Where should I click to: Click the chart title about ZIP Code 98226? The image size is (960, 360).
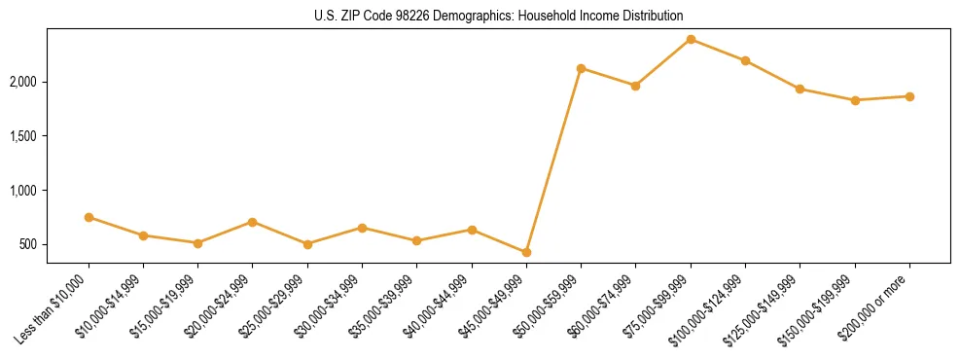[x=498, y=16]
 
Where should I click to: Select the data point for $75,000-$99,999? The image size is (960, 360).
[x=691, y=39]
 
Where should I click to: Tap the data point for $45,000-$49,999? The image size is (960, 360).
[x=526, y=252]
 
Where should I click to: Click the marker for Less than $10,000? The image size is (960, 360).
[x=89, y=217]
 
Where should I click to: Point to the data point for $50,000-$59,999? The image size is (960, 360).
[x=581, y=68]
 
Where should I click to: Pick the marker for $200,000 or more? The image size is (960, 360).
[x=909, y=96]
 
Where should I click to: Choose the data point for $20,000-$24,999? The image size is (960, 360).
[x=253, y=222]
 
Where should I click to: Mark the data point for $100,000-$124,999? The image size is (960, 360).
[x=745, y=60]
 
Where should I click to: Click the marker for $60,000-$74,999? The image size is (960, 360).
[x=635, y=86]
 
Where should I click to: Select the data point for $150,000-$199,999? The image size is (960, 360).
[x=855, y=100]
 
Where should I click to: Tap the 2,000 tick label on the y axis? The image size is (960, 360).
[x=23, y=82]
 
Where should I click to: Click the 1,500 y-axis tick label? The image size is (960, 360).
[x=23, y=136]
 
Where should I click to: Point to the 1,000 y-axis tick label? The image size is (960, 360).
[x=23, y=191]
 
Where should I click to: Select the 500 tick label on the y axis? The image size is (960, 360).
[x=28, y=244]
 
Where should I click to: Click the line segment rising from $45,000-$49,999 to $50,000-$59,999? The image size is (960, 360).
[x=553, y=161]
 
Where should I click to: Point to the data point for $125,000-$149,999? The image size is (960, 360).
[x=800, y=89]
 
